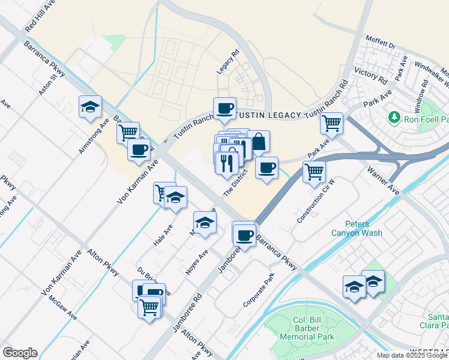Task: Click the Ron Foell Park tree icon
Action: pos(394,116)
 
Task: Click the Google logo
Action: pos(20,352)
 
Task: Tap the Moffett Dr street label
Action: pos(381,46)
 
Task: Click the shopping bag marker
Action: pos(259,143)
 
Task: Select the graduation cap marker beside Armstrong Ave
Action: pos(90,107)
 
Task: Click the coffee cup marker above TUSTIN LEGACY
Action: pos(224,109)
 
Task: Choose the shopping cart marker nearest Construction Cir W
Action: pos(314,172)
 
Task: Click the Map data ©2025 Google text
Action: pos(412,355)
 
